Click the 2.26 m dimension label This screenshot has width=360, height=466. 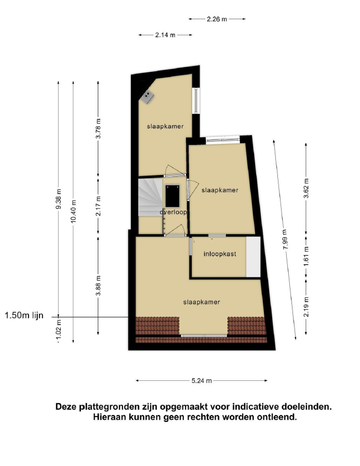(x=217, y=19)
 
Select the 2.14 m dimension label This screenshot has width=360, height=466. (x=165, y=35)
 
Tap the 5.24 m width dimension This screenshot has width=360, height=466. (x=202, y=381)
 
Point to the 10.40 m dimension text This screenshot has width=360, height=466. (x=74, y=211)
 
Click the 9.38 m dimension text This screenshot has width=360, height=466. (x=59, y=199)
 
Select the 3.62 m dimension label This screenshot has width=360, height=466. (x=306, y=188)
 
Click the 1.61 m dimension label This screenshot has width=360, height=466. (x=306, y=257)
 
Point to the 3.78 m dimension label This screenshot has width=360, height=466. (x=99, y=128)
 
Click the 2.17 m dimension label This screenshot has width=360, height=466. (x=99, y=206)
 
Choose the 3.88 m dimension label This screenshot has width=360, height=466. (x=99, y=286)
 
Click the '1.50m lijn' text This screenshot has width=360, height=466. (x=24, y=315)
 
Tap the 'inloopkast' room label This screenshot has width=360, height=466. (x=220, y=254)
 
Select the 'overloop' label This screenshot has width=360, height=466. (x=174, y=212)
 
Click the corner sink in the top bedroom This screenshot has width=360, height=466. (x=148, y=96)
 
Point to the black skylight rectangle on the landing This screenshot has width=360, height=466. (x=172, y=196)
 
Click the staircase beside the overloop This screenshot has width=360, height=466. (x=150, y=197)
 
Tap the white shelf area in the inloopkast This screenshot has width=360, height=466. (x=254, y=257)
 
